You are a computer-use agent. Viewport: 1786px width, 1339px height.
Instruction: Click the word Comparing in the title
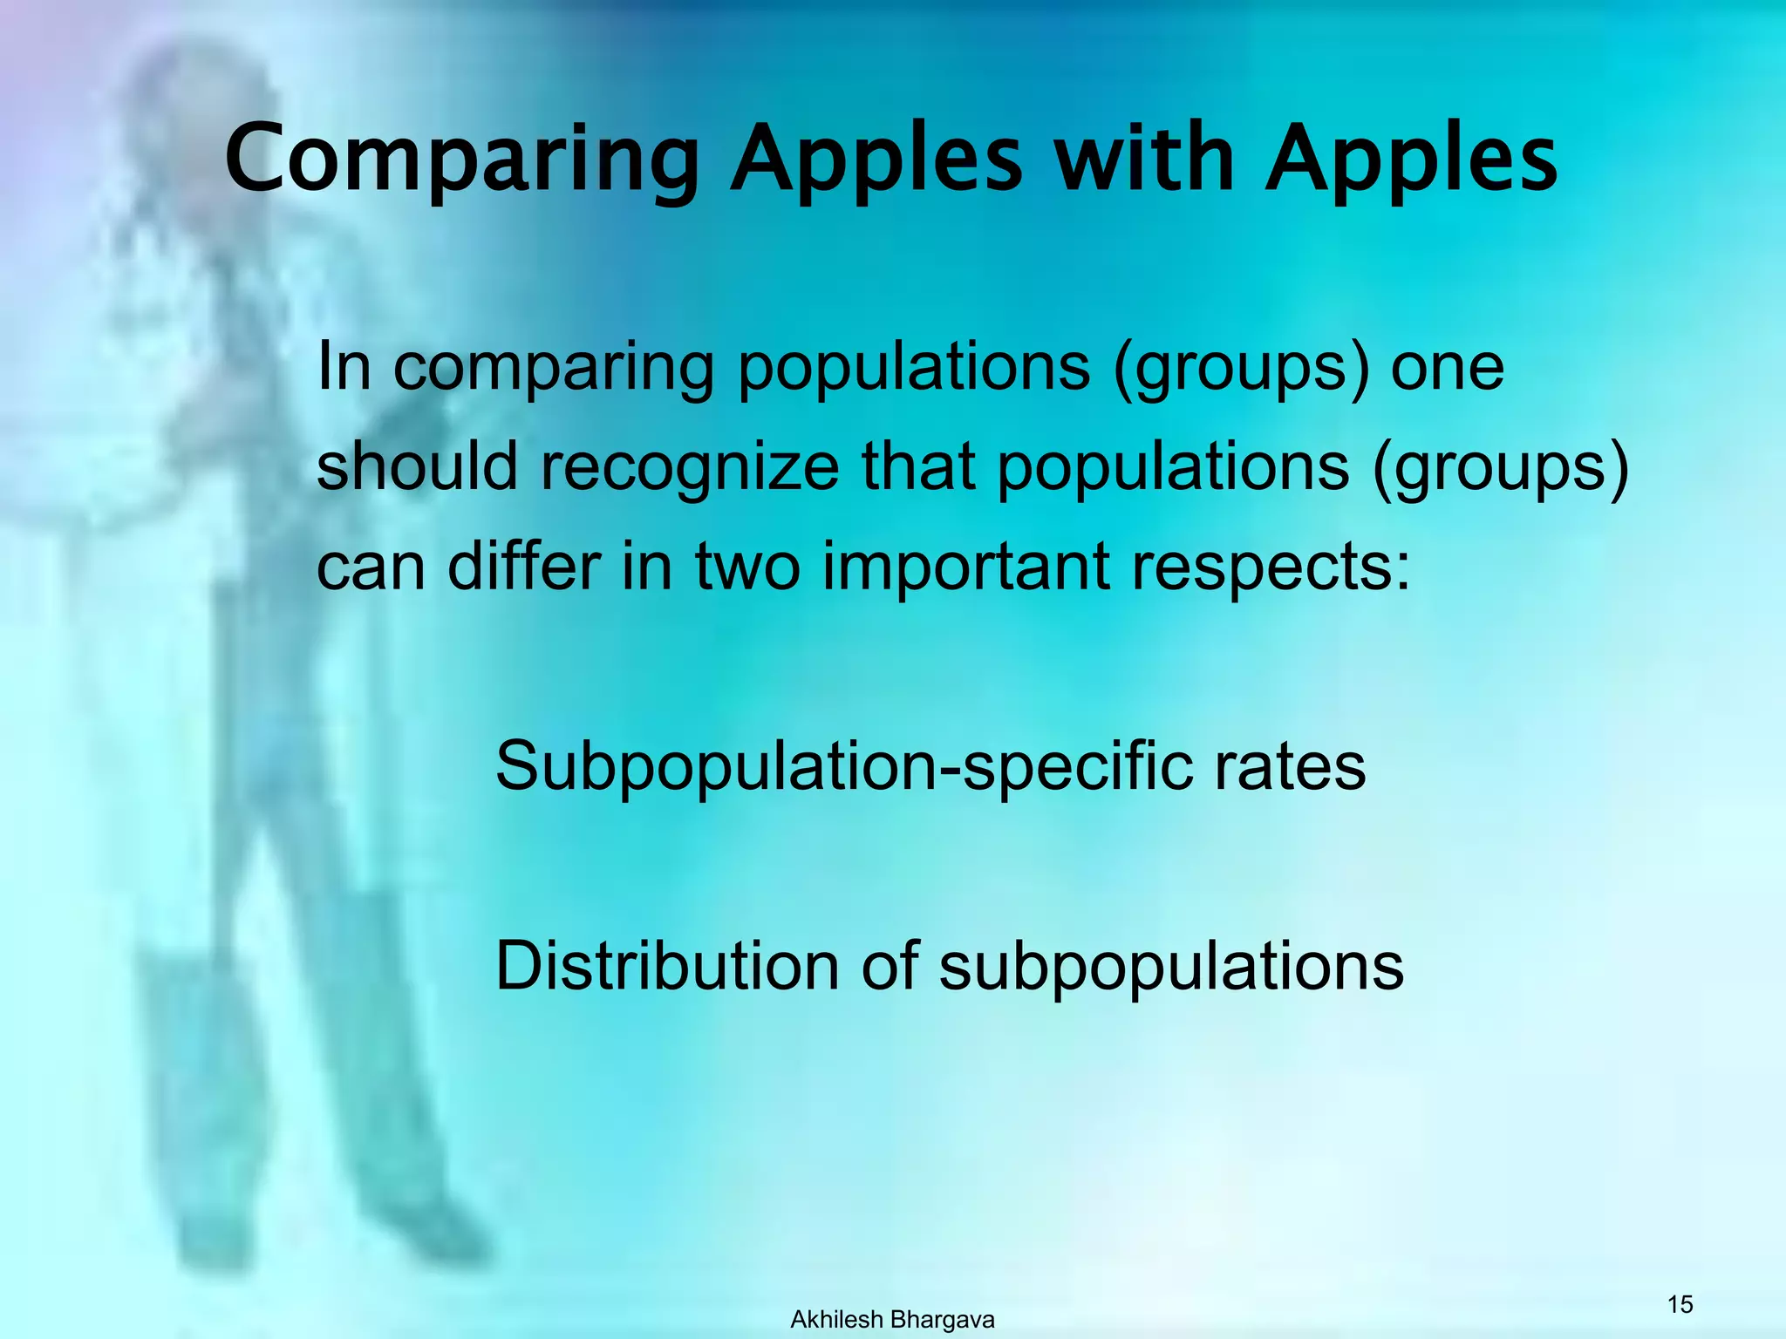(x=462, y=161)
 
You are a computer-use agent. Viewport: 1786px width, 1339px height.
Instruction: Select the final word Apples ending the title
(x=1411, y=161)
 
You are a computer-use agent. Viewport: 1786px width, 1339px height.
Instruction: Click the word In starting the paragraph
(x=344, y=366)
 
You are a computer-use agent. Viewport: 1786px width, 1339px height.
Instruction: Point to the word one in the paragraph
(x=1447, y=368)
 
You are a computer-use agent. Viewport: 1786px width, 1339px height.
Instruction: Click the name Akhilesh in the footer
(x=836, y=1320)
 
